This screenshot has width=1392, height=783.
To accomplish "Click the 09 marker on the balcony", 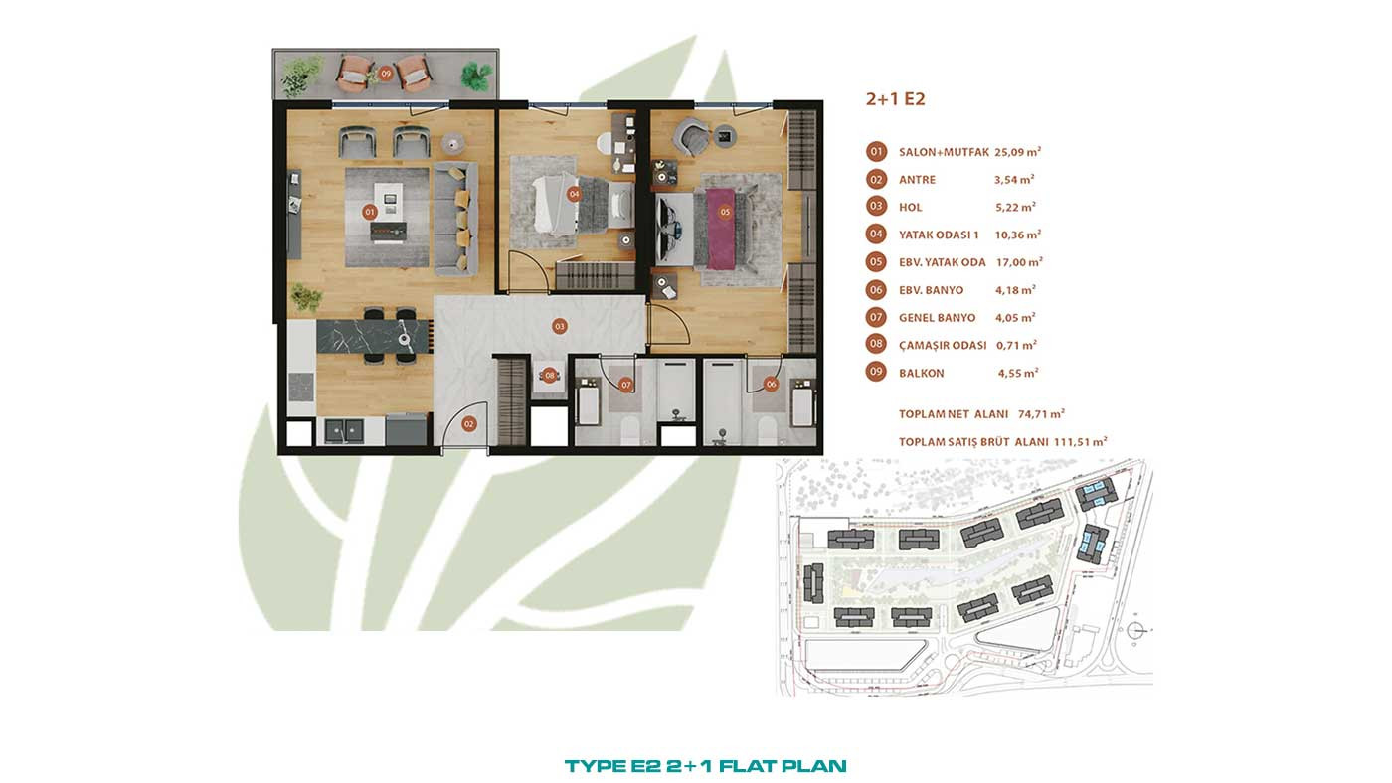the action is pyautogui.click(x=386, y=74).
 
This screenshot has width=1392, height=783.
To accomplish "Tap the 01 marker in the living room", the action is pyautogui.click(x=370, y=213).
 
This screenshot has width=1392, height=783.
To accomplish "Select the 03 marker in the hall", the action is pyautogui.click(x=559, y=326).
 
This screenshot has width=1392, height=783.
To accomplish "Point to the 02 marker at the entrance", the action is pyautogui.click(x=468, y=424).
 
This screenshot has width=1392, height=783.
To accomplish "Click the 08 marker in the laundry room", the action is pyautogui.click(x=549, y=375).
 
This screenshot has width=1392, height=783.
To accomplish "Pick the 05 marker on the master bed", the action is pyautogui.click(x=725, y=213).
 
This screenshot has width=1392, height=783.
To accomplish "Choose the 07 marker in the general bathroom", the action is pyautogui.click(x=625, y=385).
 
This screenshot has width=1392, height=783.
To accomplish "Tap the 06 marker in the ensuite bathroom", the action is pyautogui.click(x=771, y=385).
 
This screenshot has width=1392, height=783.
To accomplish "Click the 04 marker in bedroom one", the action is pyautogui.click(x=574, y=195).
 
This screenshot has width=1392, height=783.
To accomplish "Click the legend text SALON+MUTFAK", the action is pyautogui.click(x=944, y=152).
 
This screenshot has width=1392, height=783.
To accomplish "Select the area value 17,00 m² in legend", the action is pyautogui.click(x=1019, y=262).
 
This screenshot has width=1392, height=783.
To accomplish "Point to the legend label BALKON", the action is pyautogui.click(x=921, y=374).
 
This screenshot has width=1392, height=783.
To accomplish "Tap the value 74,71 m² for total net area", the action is pyautogui.click(x=1041, y=414).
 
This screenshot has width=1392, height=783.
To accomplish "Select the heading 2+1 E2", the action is pyautogui.click(x=896, y=99).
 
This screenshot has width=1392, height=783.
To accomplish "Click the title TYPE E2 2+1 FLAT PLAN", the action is pyautogui.click(x=705, y=766).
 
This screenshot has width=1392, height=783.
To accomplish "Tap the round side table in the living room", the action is pyautogui.click(x=453, y=144).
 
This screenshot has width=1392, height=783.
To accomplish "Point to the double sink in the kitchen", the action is pyautogui.click(x=344, y=430).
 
